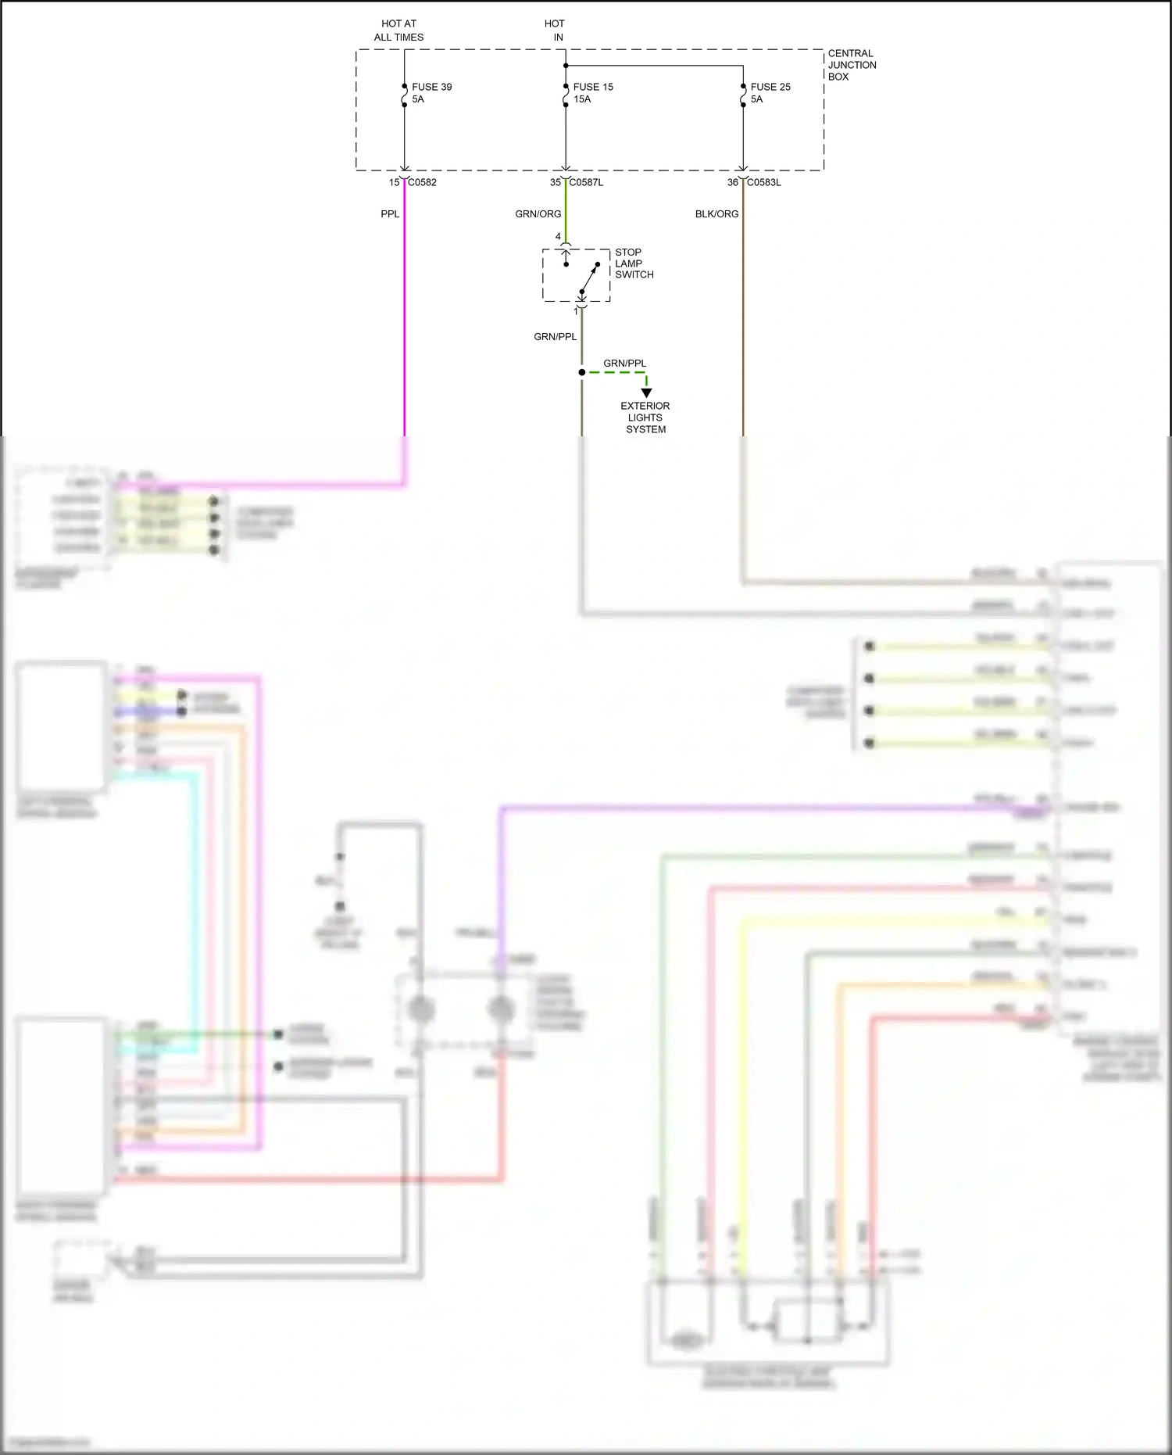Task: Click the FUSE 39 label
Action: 431,87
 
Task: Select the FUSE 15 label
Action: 593,87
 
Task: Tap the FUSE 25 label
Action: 770,87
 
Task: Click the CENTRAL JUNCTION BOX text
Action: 852,65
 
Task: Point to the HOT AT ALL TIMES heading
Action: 398,30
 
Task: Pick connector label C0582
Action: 422,182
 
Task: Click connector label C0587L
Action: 586,182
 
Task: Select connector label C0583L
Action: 763,182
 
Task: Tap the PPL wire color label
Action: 390,213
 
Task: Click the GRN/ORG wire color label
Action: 538,213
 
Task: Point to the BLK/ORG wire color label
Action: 716,213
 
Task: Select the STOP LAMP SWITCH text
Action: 634,263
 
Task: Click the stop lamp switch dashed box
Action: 576,275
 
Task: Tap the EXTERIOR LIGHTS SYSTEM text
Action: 645,418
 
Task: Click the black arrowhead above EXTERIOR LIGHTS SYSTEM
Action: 646,392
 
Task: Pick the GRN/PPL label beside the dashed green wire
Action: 624,363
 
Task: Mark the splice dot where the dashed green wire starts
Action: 581,372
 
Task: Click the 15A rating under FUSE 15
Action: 582,99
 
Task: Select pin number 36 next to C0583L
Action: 732,182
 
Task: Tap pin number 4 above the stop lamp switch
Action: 558,236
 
